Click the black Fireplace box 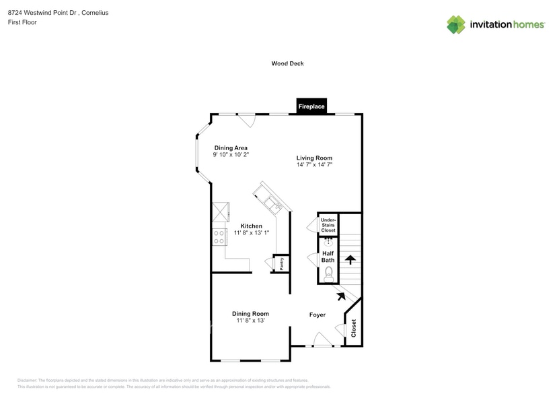(x=311, y=106)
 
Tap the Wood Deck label (x=287, y=63)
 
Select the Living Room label (x=314, y=158)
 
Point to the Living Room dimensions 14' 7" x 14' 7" (x=314, y=164)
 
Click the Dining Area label (x=231, y=147)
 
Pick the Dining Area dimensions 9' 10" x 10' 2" (x=231, y=154)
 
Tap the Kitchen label (x=251, y=226)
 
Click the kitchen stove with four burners (x=219, y=236)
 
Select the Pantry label (x=282, y=263)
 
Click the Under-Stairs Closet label (x=328, y=225)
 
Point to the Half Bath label (x=328, y=256)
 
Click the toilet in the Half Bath (x=328, y=273)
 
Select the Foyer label (x=317, y=315)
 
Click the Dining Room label (x=250, y=313)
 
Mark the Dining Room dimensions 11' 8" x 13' (x=250, y=321)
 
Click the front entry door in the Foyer (x=323, y=341)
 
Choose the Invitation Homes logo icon (x=456, y=25)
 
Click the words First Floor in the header (x=23, y=22)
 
